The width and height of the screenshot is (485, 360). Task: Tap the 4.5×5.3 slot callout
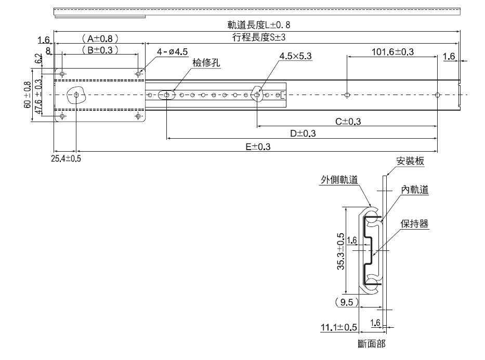[295, 56]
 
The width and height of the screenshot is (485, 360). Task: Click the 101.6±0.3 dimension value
[393, 51]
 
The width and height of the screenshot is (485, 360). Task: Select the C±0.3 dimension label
[348, 122]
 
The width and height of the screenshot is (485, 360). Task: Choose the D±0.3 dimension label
[303, 134]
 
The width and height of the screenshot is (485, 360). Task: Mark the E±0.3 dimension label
[258, 147]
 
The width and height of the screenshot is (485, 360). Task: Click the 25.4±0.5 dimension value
[66, 158]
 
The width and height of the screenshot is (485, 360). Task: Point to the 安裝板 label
[410, 161]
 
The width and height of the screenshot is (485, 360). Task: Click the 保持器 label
[414, 224]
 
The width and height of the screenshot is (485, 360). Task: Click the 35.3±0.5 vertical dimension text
[340, 250]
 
